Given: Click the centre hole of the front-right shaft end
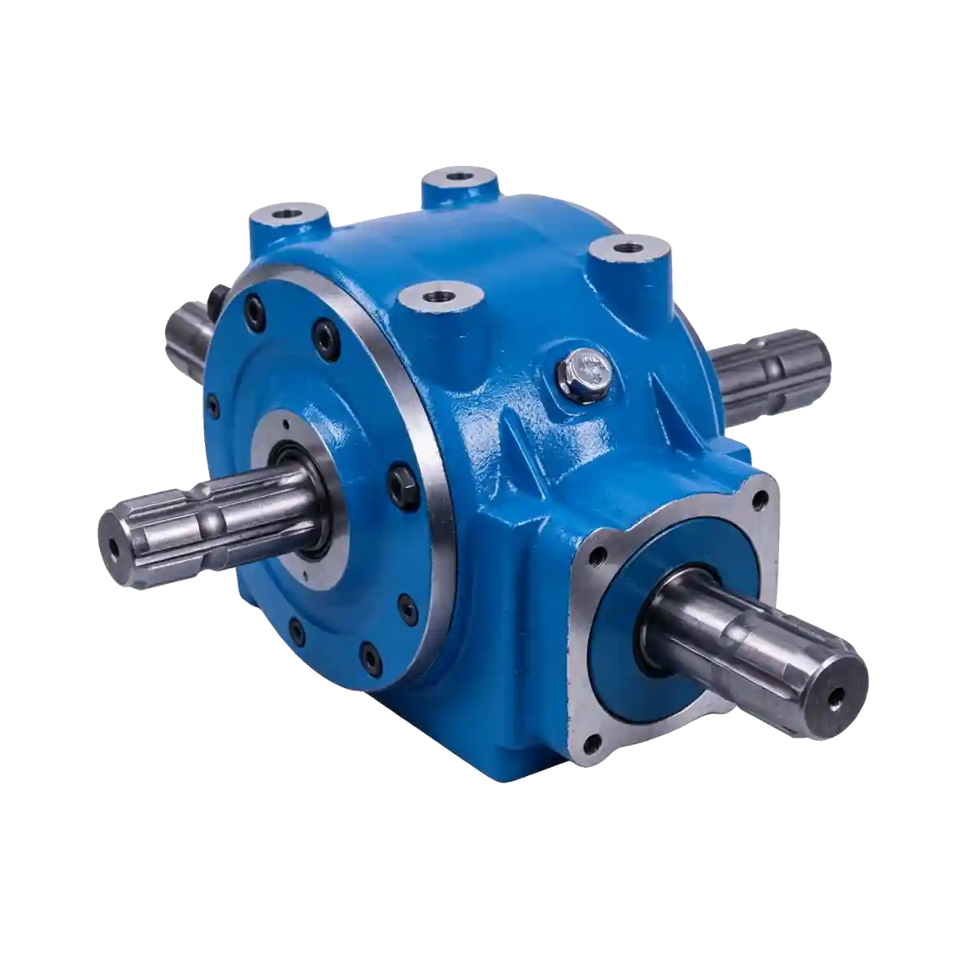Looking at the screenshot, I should (834, 697).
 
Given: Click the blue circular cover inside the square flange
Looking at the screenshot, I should (618, 634).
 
